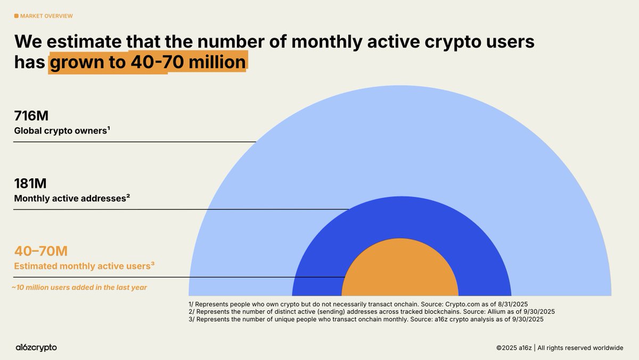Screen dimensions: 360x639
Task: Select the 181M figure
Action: (x=30, y=183)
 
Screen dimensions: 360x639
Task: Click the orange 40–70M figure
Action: (x=41, y=251)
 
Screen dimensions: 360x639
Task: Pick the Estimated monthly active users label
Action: (x=84, y=265)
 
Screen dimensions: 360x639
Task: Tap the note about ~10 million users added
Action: (x=79, y=288)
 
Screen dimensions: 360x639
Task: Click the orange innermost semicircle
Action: (x=399, y=272)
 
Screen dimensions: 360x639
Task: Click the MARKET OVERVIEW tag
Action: (x=46, y=16)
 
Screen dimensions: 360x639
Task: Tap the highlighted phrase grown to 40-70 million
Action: (x=147, y=63)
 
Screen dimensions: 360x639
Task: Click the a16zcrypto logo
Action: (x=36, y=347)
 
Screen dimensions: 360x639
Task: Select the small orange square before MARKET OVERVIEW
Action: (x=16, y=16)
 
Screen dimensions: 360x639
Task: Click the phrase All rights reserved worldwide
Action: (x=580, y=348)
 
